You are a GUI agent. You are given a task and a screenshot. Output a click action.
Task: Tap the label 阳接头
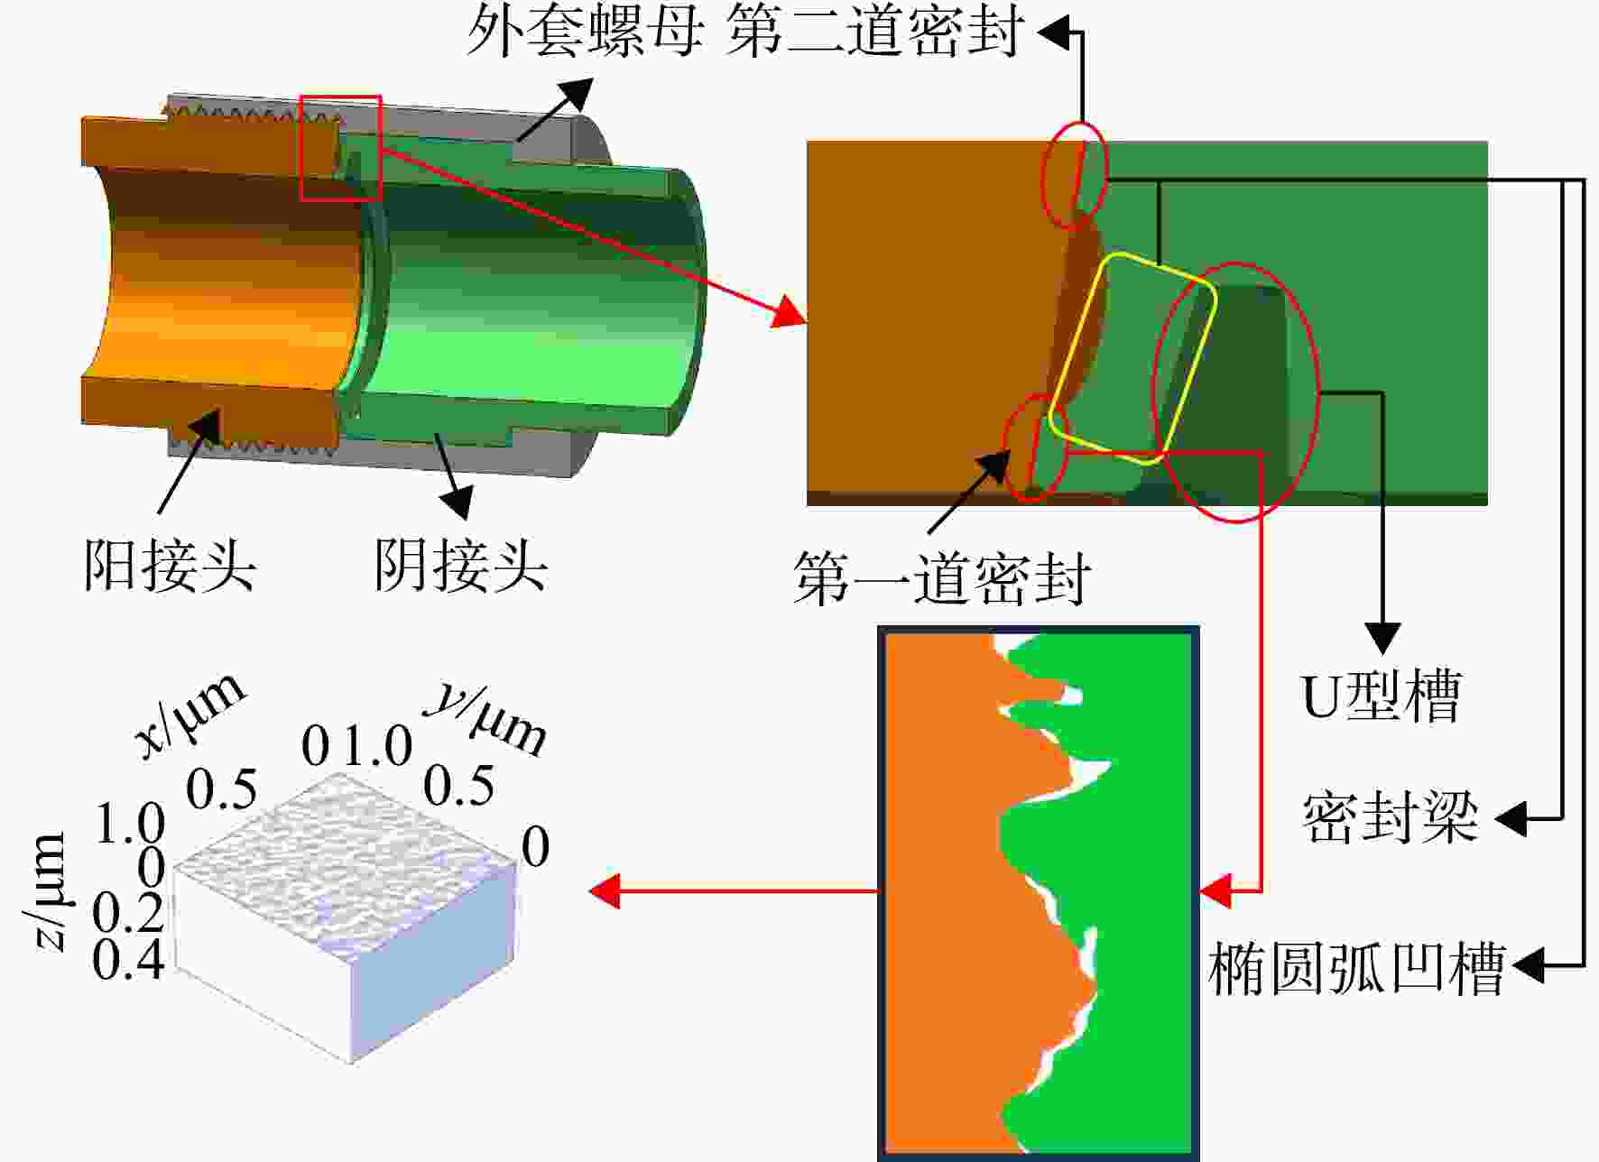[171, 566]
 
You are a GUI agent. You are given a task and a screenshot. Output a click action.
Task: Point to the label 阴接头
[460, 566]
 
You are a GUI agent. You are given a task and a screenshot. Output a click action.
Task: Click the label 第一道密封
[941, 578]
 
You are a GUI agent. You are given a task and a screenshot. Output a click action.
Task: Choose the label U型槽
[1381, 696]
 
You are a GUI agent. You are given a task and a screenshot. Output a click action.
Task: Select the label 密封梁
[1390, 817]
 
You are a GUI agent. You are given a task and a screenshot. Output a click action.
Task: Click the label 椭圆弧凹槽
[1356, 968]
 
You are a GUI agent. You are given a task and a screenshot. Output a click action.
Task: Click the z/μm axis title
[45, 891]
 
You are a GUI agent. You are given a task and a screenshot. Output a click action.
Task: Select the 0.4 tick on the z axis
[128, 959]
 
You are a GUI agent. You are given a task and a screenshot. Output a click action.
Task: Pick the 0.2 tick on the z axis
[128, 913]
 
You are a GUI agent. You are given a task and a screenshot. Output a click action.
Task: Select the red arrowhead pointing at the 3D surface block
[604, 890]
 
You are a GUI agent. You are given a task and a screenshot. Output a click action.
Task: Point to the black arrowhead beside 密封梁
[1511, 819]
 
